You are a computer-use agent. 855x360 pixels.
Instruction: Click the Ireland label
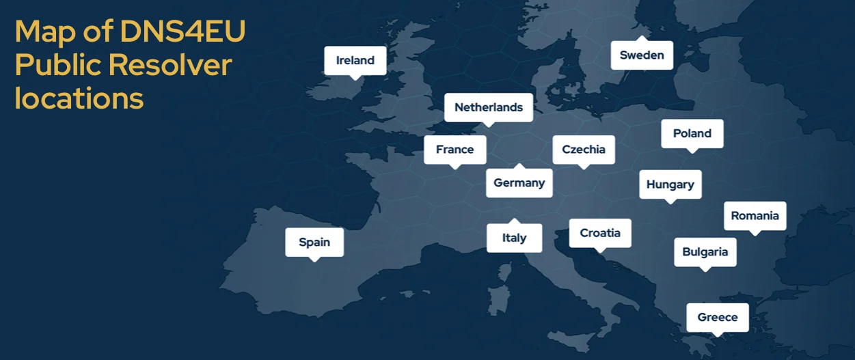coord(355,60)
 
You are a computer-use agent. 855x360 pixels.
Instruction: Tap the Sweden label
coord(642,55)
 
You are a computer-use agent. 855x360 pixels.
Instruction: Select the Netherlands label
coord(488,107)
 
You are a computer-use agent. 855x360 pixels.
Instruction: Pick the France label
coord(454,150)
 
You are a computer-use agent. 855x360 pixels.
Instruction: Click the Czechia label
coord(583,150)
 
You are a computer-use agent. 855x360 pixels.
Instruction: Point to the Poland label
coord(692,133)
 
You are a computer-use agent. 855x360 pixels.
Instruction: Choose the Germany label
coord(519,183)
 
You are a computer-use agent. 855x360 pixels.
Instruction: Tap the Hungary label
coord(670,184)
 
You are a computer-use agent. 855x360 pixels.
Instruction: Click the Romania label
coord(755,216)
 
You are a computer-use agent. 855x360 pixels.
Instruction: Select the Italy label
coord(514,238)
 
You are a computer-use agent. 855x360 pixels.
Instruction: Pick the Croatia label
coord(599,233)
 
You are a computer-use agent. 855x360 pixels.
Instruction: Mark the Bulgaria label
coord(705,252)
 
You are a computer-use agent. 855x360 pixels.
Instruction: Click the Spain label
coord(314,242)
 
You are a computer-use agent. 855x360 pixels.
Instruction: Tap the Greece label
coord(717,317)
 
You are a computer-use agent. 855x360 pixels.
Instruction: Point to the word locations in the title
coord(79,98)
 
